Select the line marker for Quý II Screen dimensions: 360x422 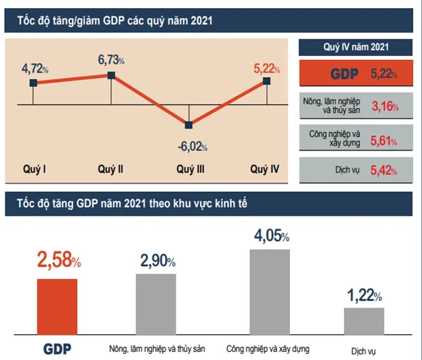[x=112, y=75]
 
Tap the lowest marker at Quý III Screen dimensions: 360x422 [x=189, y=125]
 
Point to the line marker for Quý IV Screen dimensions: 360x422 [x=266, y=81]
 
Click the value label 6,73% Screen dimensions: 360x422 [x=110, y=60]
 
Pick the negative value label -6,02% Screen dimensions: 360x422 [x=192, y=146]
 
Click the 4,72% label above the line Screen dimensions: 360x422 [x=35, y=68]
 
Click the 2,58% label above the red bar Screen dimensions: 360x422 [x=58, y=260]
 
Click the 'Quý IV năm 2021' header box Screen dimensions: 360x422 [x=356, y=47]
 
